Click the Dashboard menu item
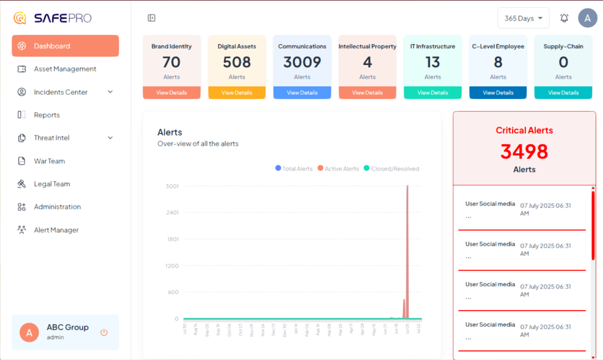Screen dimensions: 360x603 tap(65, 46)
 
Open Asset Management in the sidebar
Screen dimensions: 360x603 tap(65, 69)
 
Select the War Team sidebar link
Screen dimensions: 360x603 tap(49, 161)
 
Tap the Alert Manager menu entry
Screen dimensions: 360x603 tap(56, 230)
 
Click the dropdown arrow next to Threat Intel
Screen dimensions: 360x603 tap(110, 138)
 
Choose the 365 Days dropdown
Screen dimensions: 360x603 tap(523, 18)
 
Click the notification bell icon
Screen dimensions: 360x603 tap(564, 18)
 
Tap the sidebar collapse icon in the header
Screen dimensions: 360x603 tap(151, 18)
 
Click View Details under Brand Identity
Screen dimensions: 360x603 tap(172, 93)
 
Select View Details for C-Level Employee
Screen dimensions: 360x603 tap(498, 93)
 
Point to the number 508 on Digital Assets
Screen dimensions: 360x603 tap(237, 62)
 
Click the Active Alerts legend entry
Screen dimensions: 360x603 tap(338, 169)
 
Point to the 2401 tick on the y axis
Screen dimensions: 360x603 tap(172, 213)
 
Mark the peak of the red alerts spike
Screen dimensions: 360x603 tap(408, 186)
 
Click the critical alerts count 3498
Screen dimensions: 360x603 tap(524, 151)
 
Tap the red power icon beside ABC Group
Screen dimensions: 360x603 tap(104, 332)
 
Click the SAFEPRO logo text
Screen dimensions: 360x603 tap(62, 18)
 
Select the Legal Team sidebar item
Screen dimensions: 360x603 tap(52, 184)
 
